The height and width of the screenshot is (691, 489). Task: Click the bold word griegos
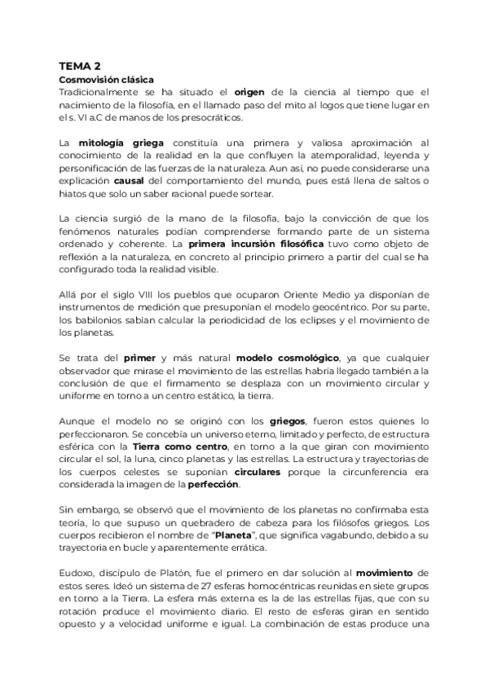(288, 420)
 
